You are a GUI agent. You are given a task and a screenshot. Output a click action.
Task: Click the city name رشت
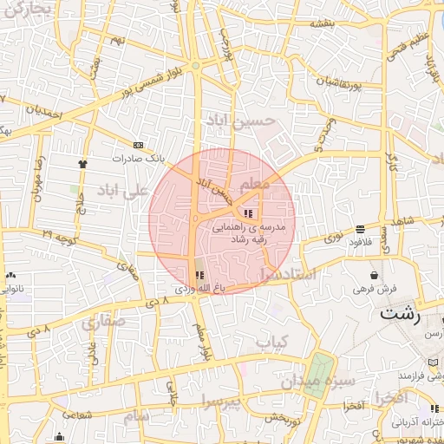pyautogui.click(x=399, y=314)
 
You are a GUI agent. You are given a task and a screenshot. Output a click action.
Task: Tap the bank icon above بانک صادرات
pyautogui.click(x=139, y=146)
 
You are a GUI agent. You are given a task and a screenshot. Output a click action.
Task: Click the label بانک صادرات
pyautogui.click(x=138, y=160)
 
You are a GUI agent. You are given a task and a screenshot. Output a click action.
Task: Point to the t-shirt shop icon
pyautogui.click(x=83, y=162)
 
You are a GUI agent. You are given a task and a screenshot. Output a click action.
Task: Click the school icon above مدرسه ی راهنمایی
pyautogui.click(x=248, y=213)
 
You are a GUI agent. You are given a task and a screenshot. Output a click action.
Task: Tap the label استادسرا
pyautogui.click(x=291, y=273)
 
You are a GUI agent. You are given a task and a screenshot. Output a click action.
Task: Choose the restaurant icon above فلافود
pyautogui.click(x=360, y=229)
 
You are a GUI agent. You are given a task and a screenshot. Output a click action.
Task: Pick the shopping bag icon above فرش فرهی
pyautogui.click(x=374, y=275)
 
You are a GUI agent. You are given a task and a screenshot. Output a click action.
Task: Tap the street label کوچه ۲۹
pyautogui.click(x=60, y=236)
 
